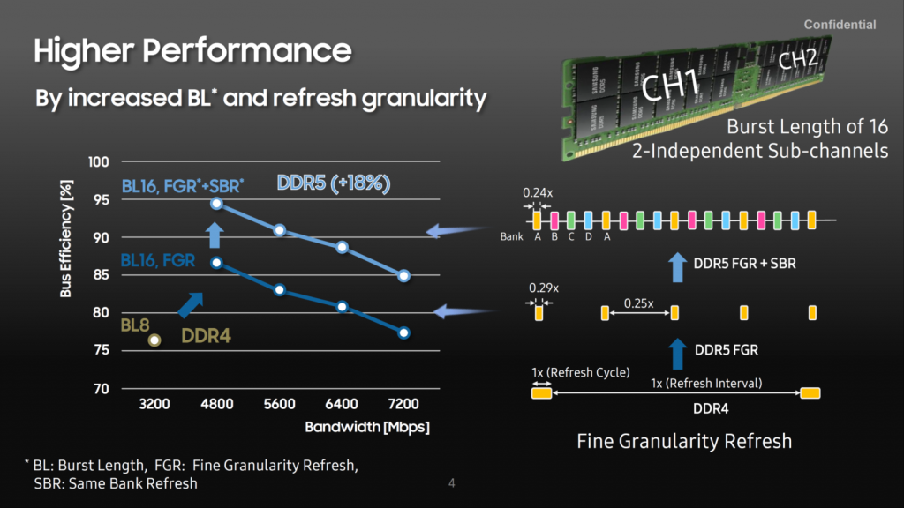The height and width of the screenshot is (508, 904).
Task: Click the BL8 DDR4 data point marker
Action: coord(154,340)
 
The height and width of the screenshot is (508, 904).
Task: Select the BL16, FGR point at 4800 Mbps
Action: coord(217,263)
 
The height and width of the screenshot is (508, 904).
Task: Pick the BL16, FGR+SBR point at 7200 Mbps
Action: coord(403,276)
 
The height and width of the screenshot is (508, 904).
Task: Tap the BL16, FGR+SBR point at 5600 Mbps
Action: coord(280,230)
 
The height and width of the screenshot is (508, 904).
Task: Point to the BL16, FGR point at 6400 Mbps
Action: coord(342,307)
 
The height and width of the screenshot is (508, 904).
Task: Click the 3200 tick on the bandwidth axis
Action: coord(154,404)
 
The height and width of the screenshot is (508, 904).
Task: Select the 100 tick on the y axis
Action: coord(99,162)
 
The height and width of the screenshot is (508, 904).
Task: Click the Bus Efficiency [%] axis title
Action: coord(65,238)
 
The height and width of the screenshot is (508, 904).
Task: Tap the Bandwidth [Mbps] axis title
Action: coord(367,428)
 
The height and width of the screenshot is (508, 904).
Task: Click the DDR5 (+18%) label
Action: coord(333,183)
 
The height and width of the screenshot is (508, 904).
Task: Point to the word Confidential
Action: coord(840,25)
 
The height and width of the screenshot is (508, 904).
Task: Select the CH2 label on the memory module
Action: coord(798,58)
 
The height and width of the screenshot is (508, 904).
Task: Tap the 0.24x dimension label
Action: coord(538,192)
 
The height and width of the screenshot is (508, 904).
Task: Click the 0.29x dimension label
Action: coord(544,288)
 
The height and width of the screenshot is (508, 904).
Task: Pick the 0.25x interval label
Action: coord(639,303)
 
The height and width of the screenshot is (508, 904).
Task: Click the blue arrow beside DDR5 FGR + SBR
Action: coord(677,267)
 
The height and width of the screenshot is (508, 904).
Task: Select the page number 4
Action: coord(452,483)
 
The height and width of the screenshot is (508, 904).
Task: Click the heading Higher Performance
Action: coord(192,50)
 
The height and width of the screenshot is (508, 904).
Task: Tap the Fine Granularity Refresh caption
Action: coord(684,441)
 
